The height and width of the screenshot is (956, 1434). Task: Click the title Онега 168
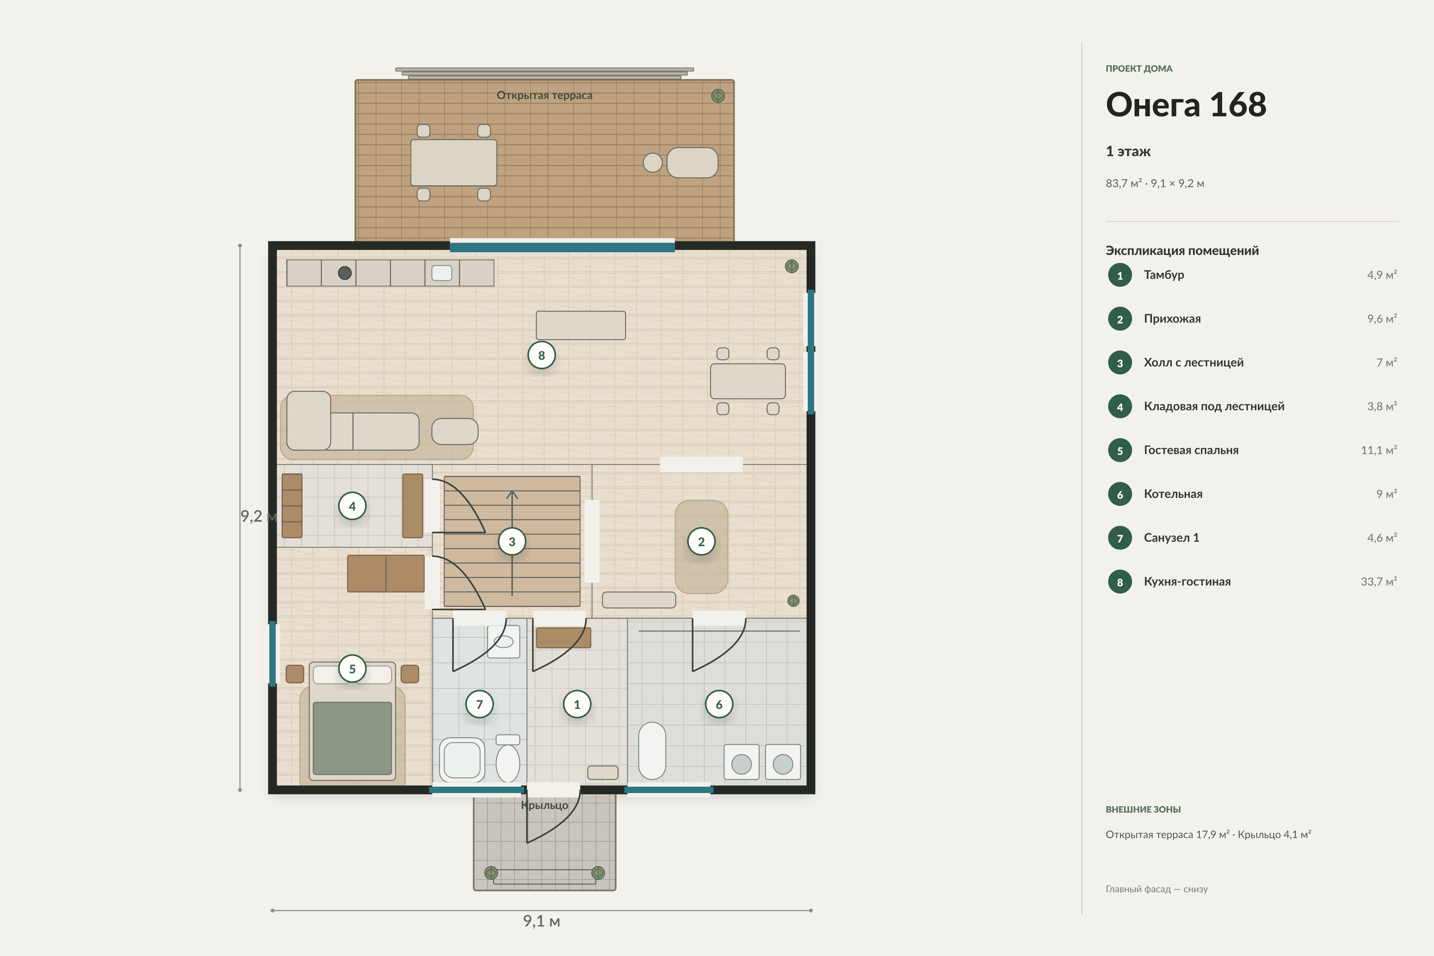(x=1186, y=105)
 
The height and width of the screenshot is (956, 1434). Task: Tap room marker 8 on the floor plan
(x=541, y=355)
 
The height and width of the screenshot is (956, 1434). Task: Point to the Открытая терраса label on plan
(x=545, y=95)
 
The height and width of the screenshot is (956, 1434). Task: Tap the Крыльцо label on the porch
(x=545, y=805)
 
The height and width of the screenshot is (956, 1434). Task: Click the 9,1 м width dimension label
(x=541, y=921)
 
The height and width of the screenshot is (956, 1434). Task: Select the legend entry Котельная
(x=1173, y=494)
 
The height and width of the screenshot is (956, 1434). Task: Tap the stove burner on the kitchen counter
(x=345, y=273)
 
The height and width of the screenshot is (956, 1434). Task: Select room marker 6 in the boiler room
(x=719, y=705)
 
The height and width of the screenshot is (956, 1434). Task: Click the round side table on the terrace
(x=652, y=163)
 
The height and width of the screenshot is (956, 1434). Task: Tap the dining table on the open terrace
(x=454, y=163)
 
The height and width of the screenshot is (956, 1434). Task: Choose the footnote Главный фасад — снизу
(x=1157, y=889)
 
